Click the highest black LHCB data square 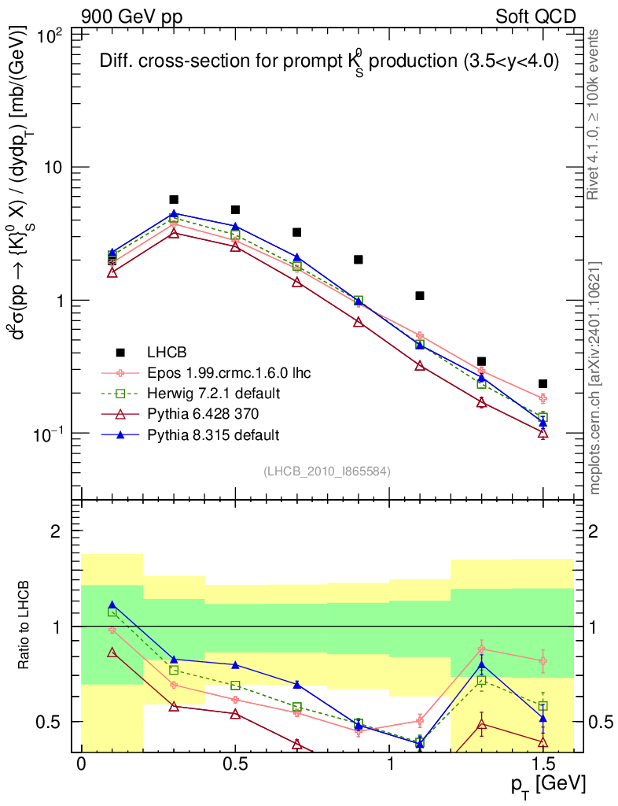pyautogui.click(x=174, y=200)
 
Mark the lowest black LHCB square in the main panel pyautogui.click(x=543, y=384)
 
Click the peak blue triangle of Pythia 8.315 pyautogui.click(x=174, y=213)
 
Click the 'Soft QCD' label pyautogui.click(x=535, y=17)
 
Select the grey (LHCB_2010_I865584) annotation pyautogui.click(x=326, y=471)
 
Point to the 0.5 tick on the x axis pyautogui.click(x=235, y=764)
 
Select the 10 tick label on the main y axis pyautogui.click(x=57, y=168)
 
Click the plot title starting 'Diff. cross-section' pyautogui.click(x=329, y=65)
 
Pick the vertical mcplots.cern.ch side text pyautogui.click(x=596, y=378)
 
